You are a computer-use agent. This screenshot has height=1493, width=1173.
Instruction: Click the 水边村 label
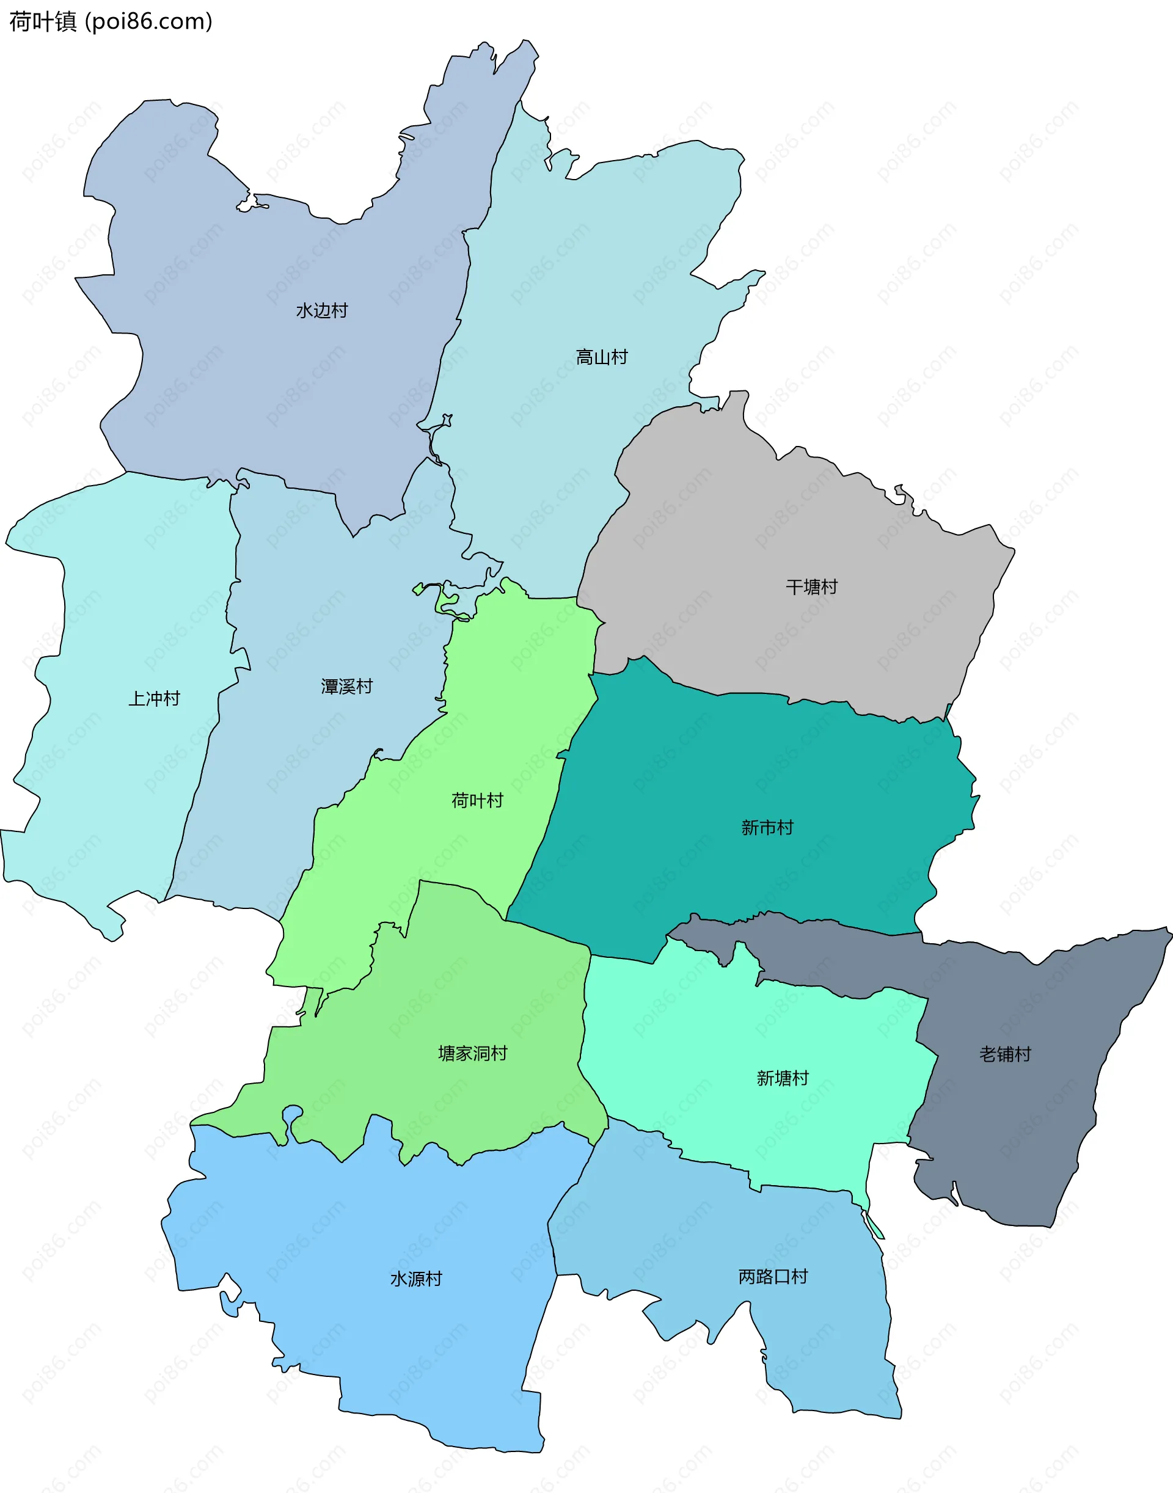(321, 311)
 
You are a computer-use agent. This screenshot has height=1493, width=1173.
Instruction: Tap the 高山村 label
(601, 358)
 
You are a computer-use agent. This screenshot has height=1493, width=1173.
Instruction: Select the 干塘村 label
(811, 587)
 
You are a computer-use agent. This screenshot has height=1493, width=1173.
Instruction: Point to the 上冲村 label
(154, 699)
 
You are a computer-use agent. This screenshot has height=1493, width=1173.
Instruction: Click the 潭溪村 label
(346, 687)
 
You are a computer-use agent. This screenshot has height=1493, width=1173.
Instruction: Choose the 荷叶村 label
(477, 801)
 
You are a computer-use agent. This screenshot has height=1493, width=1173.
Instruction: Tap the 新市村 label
(767, 828)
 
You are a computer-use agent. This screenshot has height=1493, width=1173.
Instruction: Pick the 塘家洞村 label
(472, 1054)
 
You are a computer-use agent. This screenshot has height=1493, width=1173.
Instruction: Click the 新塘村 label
(782, 1078)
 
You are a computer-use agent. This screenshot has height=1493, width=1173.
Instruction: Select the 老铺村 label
(1005, 1054)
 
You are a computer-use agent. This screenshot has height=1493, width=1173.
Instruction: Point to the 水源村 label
(415, 1279)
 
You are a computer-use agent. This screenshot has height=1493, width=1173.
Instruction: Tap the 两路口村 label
(773, 1277)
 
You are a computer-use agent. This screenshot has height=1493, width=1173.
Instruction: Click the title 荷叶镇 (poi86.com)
(111, 22)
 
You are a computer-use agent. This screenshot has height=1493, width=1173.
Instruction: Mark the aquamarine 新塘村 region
(721, 1030)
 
